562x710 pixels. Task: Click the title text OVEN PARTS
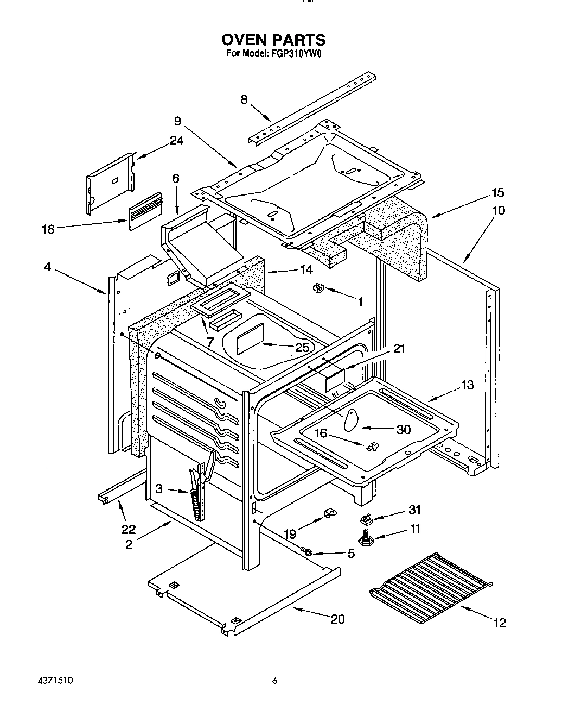point(273,40)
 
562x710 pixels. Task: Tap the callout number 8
point(244,99)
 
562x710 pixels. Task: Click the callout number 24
point(176,141)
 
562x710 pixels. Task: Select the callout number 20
point(337,619)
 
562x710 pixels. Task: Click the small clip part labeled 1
point(318,288)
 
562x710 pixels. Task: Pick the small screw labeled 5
point(308,552)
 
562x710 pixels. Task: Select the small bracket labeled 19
point(328,513)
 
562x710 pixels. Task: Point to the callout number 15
point(497,192)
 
